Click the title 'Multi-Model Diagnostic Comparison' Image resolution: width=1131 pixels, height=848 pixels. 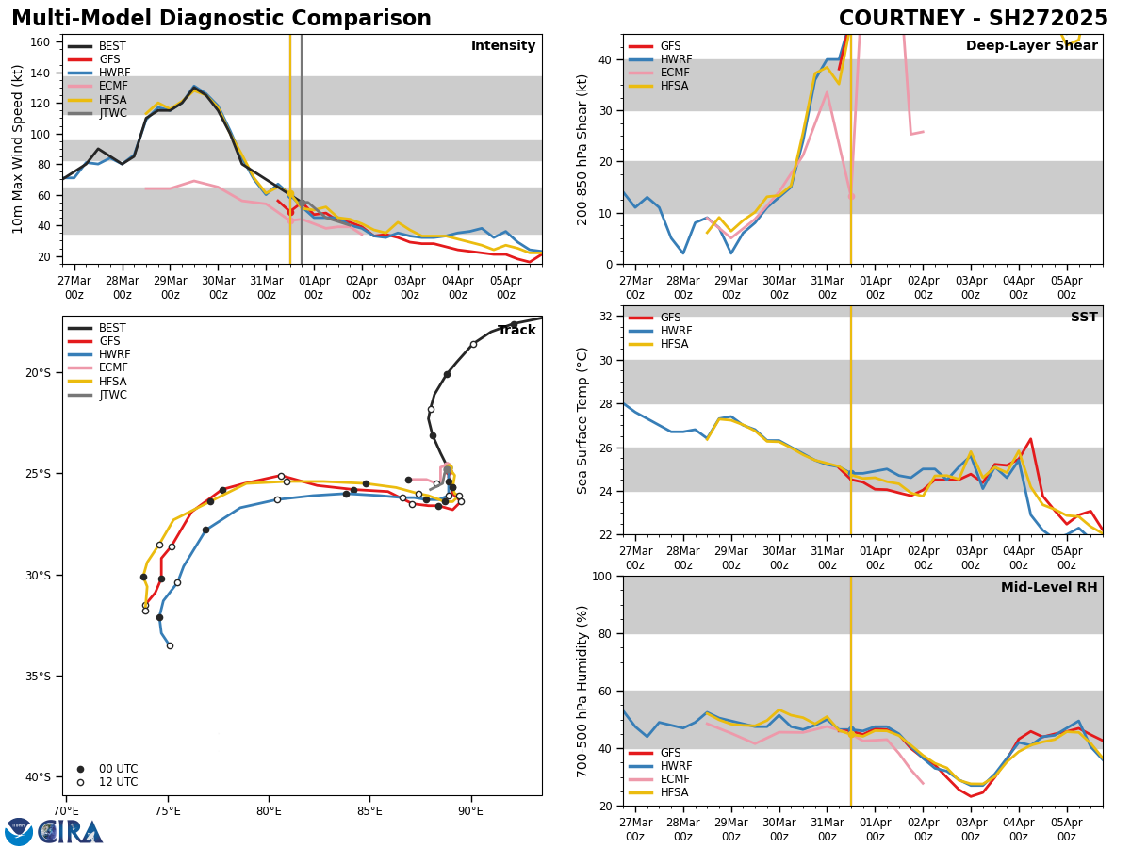coord(221,19)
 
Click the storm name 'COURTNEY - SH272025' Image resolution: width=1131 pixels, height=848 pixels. coord(973,19)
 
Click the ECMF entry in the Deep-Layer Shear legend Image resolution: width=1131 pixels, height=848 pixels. coord(670,73)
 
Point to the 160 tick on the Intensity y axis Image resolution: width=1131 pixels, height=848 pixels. coord(41,42)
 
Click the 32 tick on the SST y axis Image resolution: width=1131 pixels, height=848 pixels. coord(607,317)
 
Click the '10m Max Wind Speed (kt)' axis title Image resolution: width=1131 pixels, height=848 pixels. coord(18,149)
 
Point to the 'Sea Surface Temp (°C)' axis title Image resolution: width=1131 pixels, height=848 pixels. coord(583,420)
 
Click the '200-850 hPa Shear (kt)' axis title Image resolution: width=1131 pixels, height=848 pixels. coord(583,149)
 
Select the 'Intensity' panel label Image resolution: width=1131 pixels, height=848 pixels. coord(503,46)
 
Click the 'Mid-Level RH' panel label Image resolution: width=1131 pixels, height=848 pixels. coord(1049,588)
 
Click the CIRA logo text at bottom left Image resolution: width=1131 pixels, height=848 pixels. coord(71,832)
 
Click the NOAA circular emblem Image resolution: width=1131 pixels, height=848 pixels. coord(19,832)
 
